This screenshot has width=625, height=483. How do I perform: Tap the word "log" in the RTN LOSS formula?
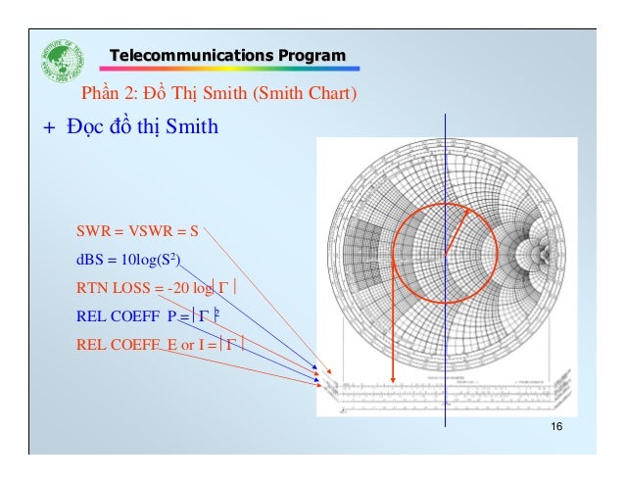pos(203,288)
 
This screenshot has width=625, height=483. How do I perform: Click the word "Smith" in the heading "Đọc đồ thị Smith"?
pos(192,127)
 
